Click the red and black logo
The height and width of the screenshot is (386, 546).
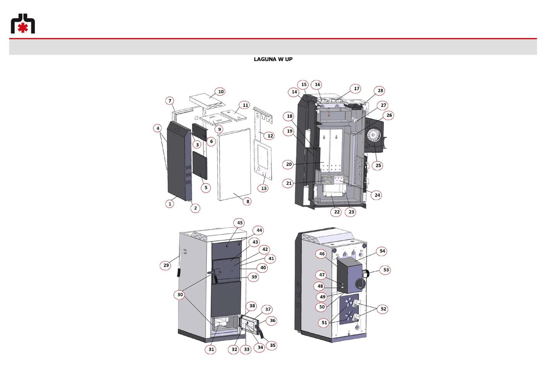23,23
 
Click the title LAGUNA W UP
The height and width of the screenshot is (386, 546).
273,59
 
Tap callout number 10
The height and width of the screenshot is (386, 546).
221,91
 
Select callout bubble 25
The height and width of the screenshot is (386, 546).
378,165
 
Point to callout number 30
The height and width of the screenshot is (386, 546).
180,295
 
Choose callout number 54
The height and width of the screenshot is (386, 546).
382,251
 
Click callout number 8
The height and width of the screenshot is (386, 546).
247,202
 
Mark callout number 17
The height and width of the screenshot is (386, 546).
356,88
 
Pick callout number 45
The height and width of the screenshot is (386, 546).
240,222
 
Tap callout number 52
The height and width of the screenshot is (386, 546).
383,309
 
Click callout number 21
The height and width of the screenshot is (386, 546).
288,183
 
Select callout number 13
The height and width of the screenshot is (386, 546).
263,188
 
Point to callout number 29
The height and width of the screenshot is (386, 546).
166,265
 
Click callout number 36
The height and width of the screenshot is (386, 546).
272,321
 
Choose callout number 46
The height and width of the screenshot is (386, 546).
321,254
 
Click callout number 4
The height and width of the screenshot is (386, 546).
158,128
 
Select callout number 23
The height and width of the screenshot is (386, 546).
351,212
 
